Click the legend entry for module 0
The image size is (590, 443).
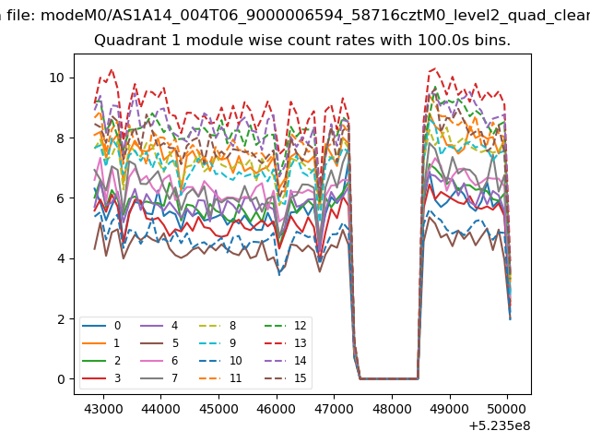point(101,326)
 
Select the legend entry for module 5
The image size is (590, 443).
point(159,343)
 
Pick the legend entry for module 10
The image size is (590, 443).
point(220,361)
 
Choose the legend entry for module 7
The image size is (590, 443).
point(159,377)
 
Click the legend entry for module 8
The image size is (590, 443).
point(218,326)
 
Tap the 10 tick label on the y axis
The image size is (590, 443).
point(56,78)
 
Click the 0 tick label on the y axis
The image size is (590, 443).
point(61,379)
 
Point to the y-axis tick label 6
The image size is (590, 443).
point(61,198)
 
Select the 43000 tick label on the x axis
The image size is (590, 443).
point(103,409)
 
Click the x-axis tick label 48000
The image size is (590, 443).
point(392,409)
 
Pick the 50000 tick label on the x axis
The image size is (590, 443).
point(507,409)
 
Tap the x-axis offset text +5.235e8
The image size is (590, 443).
point(500,426)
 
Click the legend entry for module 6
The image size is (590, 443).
point(159,361)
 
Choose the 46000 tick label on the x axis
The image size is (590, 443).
point(277,409)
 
